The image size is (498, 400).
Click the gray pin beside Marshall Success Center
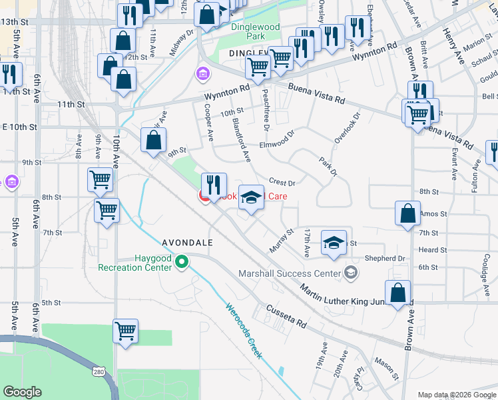click(x=352, y=272)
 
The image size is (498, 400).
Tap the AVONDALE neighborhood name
click(x=187, y=243)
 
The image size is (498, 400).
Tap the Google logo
click(x=23, y=392)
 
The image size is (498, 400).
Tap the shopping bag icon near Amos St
click(x=408, y=214)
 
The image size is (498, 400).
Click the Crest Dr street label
click(x=282, y=182)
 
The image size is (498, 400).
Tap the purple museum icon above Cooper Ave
click(x=201, y=73)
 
